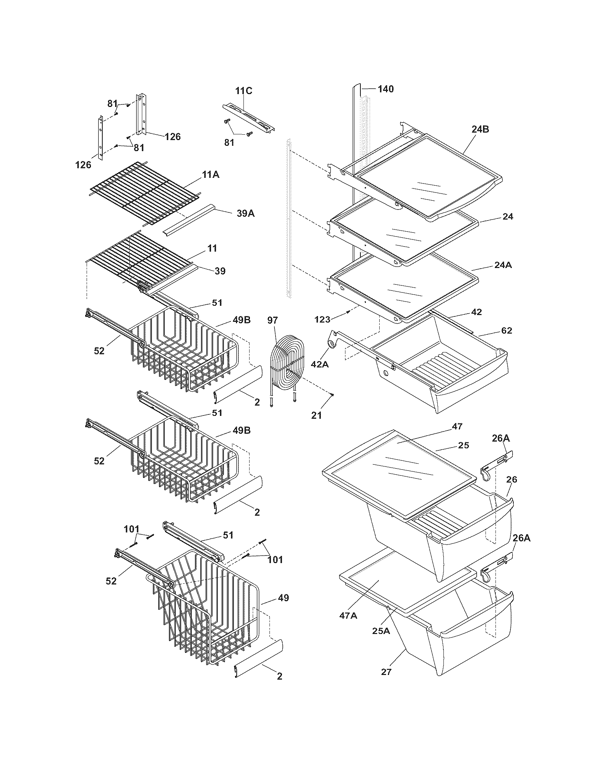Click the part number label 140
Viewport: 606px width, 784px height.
point(386,89)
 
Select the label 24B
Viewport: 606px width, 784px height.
point(480,130)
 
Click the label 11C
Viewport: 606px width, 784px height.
point(244,91)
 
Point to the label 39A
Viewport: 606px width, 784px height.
point(246,213)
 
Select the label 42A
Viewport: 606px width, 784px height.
point(319,364)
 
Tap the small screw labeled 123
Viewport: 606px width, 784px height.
point(348,313)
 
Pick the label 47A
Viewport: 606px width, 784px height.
point(348,616)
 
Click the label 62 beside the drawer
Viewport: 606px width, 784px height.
point(506,331)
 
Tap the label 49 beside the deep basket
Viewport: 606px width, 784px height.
point(283,598)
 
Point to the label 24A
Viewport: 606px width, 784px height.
point(503,265)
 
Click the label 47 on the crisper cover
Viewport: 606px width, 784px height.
point(457,427)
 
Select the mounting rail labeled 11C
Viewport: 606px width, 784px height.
point(249,118)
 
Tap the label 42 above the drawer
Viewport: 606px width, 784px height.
point(476,312)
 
